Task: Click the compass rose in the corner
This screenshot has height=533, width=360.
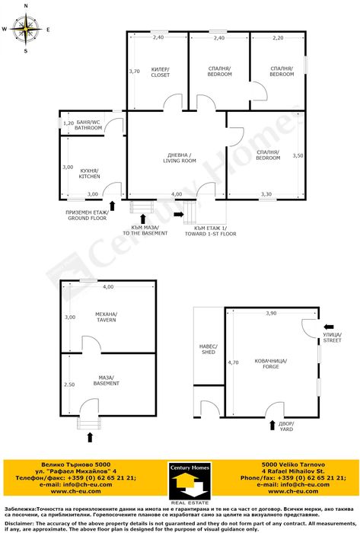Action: pyautogui.click(x=25, y=30)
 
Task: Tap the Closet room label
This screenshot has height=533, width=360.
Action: pyautogui.click(x=160, y=72)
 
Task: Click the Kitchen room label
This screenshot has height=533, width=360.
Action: pyautogui.click(x=88, y=173)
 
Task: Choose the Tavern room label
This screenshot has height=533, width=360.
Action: pyautogui.click(x=106, y=317)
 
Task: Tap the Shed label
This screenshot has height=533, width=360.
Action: pyautogui.click(x=209, y=349)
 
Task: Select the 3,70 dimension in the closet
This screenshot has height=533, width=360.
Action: pyautogui.click(x=134, y=71)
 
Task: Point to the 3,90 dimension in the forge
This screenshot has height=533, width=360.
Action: pyautogui.click(x=271, y=314)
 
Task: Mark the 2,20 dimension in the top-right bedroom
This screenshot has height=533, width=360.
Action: pyautogui.click(x=278, y=37)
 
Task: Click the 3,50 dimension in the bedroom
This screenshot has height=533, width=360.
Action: pyautogui.click(x=298, y=155)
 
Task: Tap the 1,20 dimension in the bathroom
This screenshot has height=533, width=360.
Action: pyautogui.click(x=68, y=123)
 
